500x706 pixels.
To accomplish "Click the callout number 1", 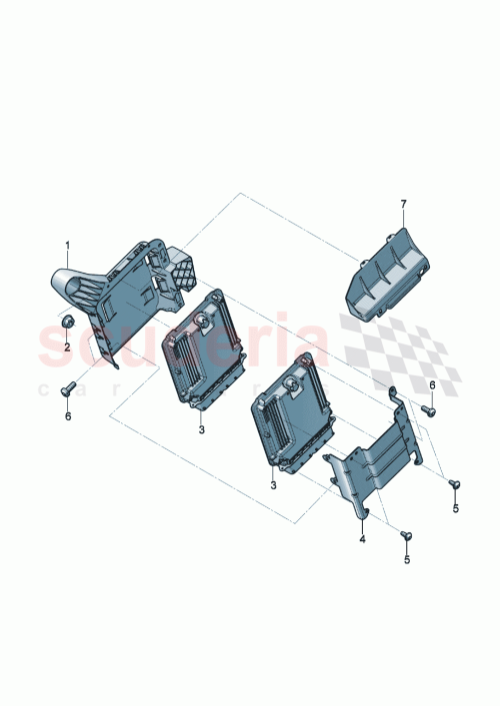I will pos(68,245).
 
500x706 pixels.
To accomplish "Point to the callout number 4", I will pos(363,539).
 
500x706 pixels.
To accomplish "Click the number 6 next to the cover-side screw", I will pos(432,384).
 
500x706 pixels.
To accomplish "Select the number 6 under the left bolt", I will pos(68,415).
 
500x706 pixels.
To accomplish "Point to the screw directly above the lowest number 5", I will pos(406,536).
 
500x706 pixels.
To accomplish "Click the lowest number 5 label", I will pos(406,560).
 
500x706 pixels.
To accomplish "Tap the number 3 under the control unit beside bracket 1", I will pos(201,428).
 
